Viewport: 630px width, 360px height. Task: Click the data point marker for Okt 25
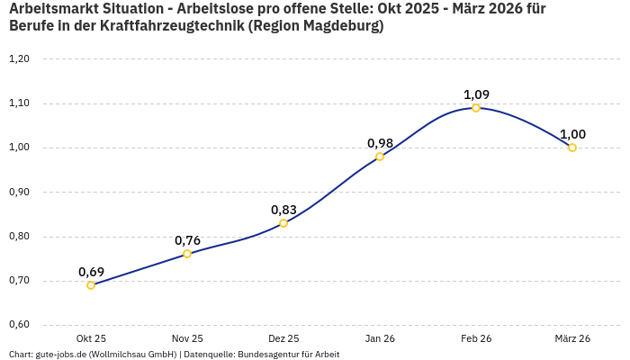point(91,285)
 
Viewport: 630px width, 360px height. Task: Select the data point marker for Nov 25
point(187,254)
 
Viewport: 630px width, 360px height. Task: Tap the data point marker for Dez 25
point(283,223)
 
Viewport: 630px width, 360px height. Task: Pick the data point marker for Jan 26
point(380,157)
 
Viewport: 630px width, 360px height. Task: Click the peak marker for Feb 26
point(476,108)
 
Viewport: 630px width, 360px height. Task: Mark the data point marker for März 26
point(572,148)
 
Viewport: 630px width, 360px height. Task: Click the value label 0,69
point(91,272)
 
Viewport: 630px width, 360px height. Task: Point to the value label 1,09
point(476,94)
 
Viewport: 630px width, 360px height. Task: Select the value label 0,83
point(283,210)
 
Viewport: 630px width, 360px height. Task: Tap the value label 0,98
point(380,143)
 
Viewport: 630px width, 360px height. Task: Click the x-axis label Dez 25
point(283,338)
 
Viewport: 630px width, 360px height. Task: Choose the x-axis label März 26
point(572,338)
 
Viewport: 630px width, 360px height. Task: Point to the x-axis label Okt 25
point(91,338)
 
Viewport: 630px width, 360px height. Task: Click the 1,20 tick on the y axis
point(19,59)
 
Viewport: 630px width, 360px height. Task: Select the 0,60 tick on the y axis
point(19,325)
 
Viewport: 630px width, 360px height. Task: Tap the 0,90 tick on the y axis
point(19,192)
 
